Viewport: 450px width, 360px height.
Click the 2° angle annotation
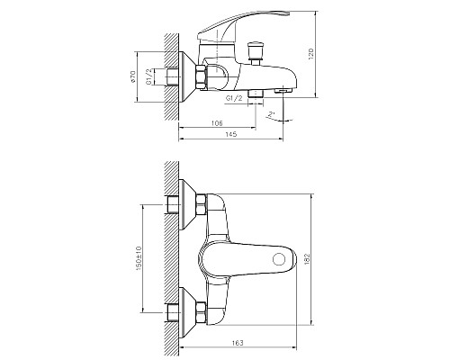pos(271,114)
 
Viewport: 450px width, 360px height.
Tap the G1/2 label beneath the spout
pos(231,98)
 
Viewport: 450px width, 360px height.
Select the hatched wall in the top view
pos(171,261)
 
